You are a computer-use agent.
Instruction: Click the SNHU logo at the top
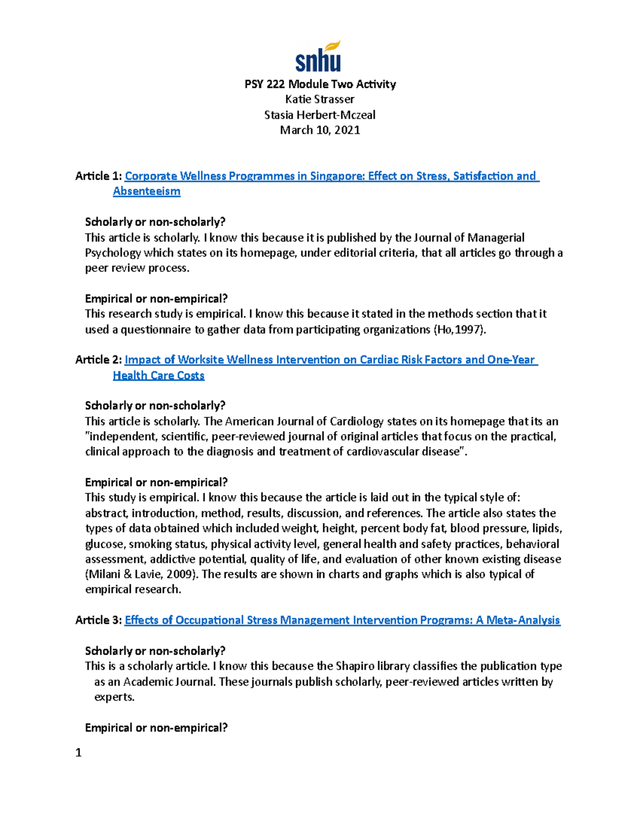pyautogui.click(x=318, y=57)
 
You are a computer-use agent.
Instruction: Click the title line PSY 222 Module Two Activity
pyautogui.click(x=320, y=84)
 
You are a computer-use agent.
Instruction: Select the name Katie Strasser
pyautogui.click(x=320, y=99)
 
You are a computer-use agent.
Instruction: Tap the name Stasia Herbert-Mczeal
pyautogui.click(x=320, y=115)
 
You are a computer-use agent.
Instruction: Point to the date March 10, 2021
pyautogui.click(x=320, y=130)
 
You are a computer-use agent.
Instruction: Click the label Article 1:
pyautogui.click(x=99, y=176)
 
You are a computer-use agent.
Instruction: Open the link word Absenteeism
pyautogui.click(x=147, y=191)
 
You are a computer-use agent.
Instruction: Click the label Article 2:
pyautogui.click(x=99, y=360)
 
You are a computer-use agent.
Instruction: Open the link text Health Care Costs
pyautogui.click(x=158, y=375)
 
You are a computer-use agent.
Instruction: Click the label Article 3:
pyautogui.click(x=99, y=620)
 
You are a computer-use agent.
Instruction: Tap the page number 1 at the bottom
pyautogui.click(x=78, y=753)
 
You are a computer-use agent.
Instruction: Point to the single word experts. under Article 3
pyautogui.click(x=114, y=697)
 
